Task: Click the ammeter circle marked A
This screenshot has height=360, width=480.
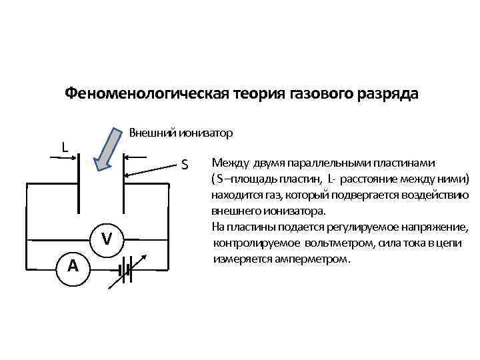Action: click(x=73, y=266)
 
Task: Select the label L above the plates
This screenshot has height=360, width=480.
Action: click(x=64, y=146)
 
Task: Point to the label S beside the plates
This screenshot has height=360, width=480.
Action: click(x=185, y=164)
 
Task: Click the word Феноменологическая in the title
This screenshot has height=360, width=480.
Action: click(x=147, y=93)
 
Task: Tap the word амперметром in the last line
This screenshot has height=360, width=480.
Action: click(x=313, y=259)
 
